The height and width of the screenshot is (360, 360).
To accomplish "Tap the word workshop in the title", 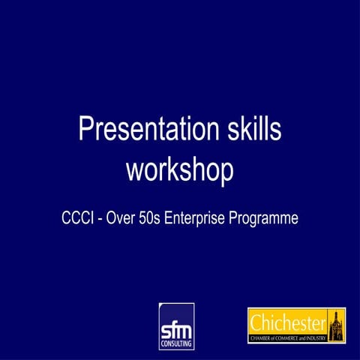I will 180,169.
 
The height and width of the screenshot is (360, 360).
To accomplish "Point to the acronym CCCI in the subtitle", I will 78,219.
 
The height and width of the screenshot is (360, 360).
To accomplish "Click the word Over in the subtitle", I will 124,219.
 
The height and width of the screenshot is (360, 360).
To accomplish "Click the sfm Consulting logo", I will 176,326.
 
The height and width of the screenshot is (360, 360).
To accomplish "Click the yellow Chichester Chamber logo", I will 297,325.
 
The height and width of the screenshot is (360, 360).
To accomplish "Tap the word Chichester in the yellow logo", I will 288,323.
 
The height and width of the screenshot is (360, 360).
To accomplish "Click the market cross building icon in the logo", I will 336,325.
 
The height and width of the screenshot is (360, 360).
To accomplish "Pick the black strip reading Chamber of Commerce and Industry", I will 288,339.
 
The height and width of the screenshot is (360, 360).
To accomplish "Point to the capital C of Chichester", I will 256,323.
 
